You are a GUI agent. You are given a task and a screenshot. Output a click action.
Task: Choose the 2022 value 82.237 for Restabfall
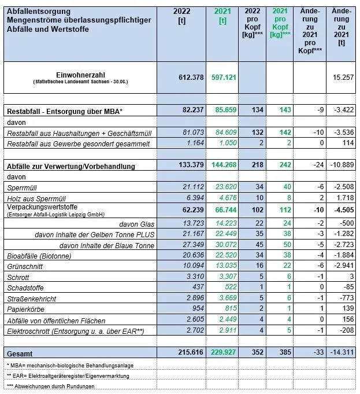(x=192, y=110)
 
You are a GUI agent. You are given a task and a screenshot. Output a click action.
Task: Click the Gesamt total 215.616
(x=190, y=352)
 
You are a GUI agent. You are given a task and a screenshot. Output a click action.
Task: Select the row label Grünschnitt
(x=25, y=266)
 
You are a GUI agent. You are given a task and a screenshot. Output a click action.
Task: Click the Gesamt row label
(x=20, y=352)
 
